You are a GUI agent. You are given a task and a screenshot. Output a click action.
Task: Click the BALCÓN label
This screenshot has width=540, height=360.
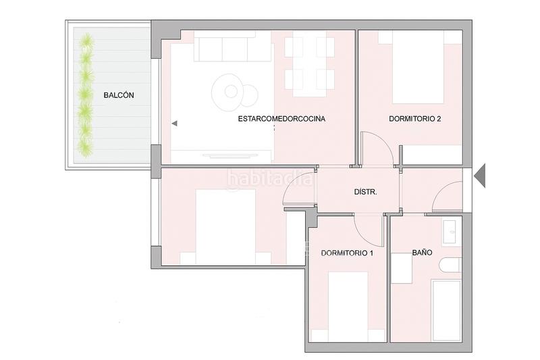(119, 96)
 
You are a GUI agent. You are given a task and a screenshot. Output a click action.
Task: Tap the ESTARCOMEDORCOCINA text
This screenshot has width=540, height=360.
(281, 119)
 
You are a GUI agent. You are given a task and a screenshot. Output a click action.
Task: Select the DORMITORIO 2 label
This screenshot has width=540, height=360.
(414, 119)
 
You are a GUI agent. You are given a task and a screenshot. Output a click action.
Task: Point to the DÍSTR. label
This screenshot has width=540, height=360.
(365, 192)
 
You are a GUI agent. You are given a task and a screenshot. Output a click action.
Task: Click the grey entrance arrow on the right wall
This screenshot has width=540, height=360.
(480, 176)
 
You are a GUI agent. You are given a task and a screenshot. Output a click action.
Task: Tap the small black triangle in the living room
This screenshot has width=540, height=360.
(174, 124)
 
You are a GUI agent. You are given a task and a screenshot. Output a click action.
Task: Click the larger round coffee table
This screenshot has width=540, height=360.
(227, 91)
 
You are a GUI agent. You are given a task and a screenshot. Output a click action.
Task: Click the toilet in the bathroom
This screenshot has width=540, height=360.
(450, 265)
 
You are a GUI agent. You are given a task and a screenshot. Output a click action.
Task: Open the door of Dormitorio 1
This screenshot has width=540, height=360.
(369, 230)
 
